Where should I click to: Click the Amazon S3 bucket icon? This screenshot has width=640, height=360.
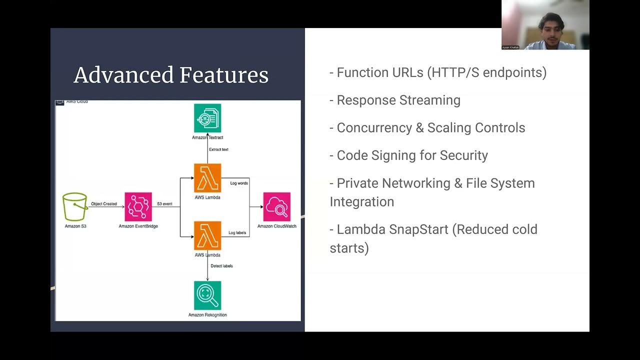point(75,207)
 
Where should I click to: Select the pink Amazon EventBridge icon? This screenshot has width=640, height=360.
point(138,206)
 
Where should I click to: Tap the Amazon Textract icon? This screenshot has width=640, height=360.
point(207,118)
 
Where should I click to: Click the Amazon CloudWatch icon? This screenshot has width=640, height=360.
point(276,206)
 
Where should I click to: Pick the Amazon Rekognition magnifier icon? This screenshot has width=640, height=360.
point(207,295)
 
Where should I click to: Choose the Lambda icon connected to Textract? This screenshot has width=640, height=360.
point(207,178)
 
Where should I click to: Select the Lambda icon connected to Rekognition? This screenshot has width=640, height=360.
point(207,236)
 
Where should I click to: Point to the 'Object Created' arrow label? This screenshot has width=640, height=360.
point(104,204)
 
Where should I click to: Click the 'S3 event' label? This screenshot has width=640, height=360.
point(164,204)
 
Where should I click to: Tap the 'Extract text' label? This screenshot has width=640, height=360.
point(218,149)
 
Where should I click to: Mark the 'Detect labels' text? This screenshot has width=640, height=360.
point(221,266)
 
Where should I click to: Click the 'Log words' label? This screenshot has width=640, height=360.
point(239,183)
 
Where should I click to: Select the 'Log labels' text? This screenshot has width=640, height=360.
point(237,233)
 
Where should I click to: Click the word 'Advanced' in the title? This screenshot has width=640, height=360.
point(123,75)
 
